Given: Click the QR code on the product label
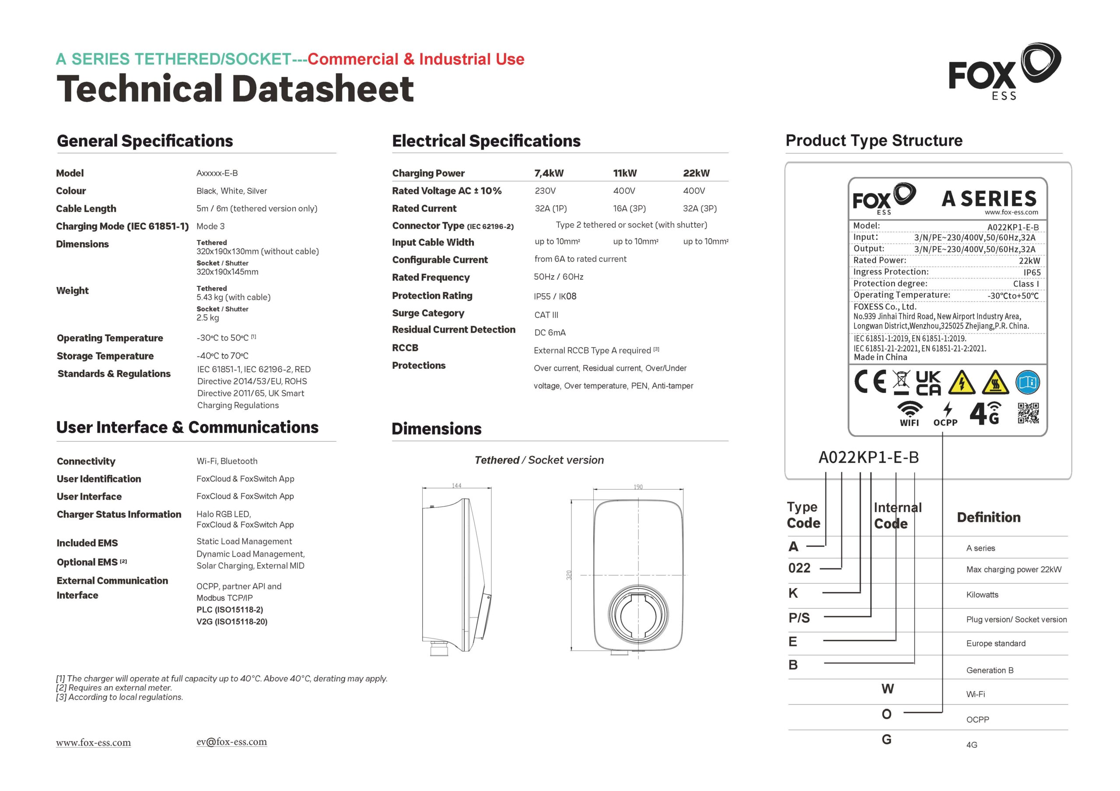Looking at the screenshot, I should coord(1028,413).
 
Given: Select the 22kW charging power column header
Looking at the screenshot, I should coord(696,173).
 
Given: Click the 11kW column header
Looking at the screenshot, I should coord(625,173).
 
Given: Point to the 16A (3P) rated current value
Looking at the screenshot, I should coord(629,208).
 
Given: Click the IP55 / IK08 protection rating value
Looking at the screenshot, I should coord(555,296).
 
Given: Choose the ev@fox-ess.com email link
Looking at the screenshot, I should coord(231,741).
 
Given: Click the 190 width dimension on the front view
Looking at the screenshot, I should coord(638,487).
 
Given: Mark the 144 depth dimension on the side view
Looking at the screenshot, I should coord(456,486).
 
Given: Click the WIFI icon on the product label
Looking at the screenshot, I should coord(910,413).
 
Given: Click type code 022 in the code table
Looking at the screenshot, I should coord(799,568).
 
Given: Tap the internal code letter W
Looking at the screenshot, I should coord(887,689).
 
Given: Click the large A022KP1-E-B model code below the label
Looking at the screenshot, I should coord(868,457).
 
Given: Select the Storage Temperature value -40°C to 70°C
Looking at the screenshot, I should coord(222,356).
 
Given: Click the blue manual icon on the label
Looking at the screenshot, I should coord(1027,382).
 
